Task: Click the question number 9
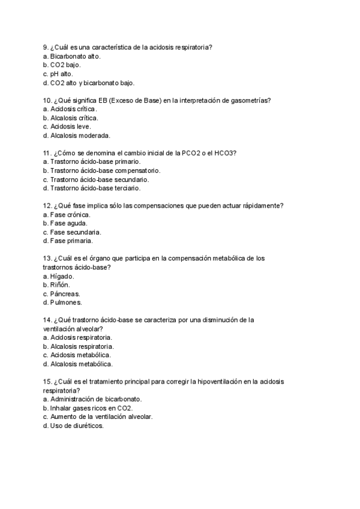[46, 47]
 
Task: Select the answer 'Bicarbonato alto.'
[75, 56]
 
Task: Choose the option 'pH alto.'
[65, 74]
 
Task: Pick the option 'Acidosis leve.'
[70, 127]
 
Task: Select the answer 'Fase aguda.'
[69, 223]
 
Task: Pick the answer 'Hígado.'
[62, 276]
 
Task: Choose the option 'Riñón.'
[61, 285]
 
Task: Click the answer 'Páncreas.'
[65, 294]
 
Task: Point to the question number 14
[47, 320]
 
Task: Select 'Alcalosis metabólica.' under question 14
[81, 364]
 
